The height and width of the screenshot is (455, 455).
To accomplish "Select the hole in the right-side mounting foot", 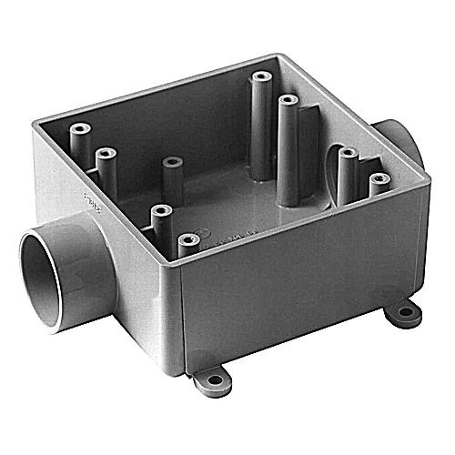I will (403, 311).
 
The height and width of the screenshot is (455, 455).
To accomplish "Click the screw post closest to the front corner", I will (187, 241).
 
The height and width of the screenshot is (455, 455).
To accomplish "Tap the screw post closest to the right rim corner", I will (379, 179).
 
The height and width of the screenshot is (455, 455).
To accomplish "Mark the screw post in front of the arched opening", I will (348, 156).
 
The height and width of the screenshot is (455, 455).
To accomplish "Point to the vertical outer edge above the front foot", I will (182, 318).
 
